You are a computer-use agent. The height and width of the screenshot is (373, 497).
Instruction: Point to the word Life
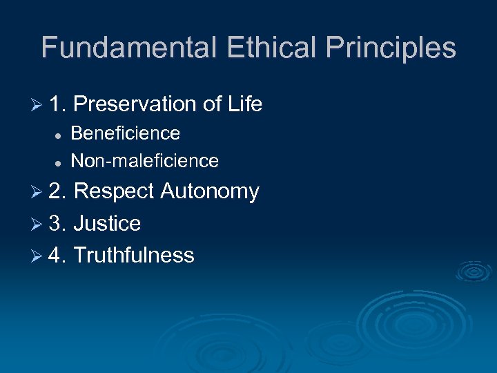[x=245, y=104]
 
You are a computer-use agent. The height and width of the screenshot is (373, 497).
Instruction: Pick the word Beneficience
[x=126, y=133]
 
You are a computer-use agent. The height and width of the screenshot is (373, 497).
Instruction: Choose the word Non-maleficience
[x=145, y=162]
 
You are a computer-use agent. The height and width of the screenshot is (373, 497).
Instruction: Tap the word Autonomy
[x=209, y=191]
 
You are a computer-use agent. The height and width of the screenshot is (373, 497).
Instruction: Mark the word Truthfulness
[x=133, y=255]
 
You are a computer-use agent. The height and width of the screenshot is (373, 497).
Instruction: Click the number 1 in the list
[x=55, y=104]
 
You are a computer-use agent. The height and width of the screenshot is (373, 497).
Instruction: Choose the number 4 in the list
[x=56, y=255]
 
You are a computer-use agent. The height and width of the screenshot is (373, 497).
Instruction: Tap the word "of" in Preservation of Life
[x=212, y=104]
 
